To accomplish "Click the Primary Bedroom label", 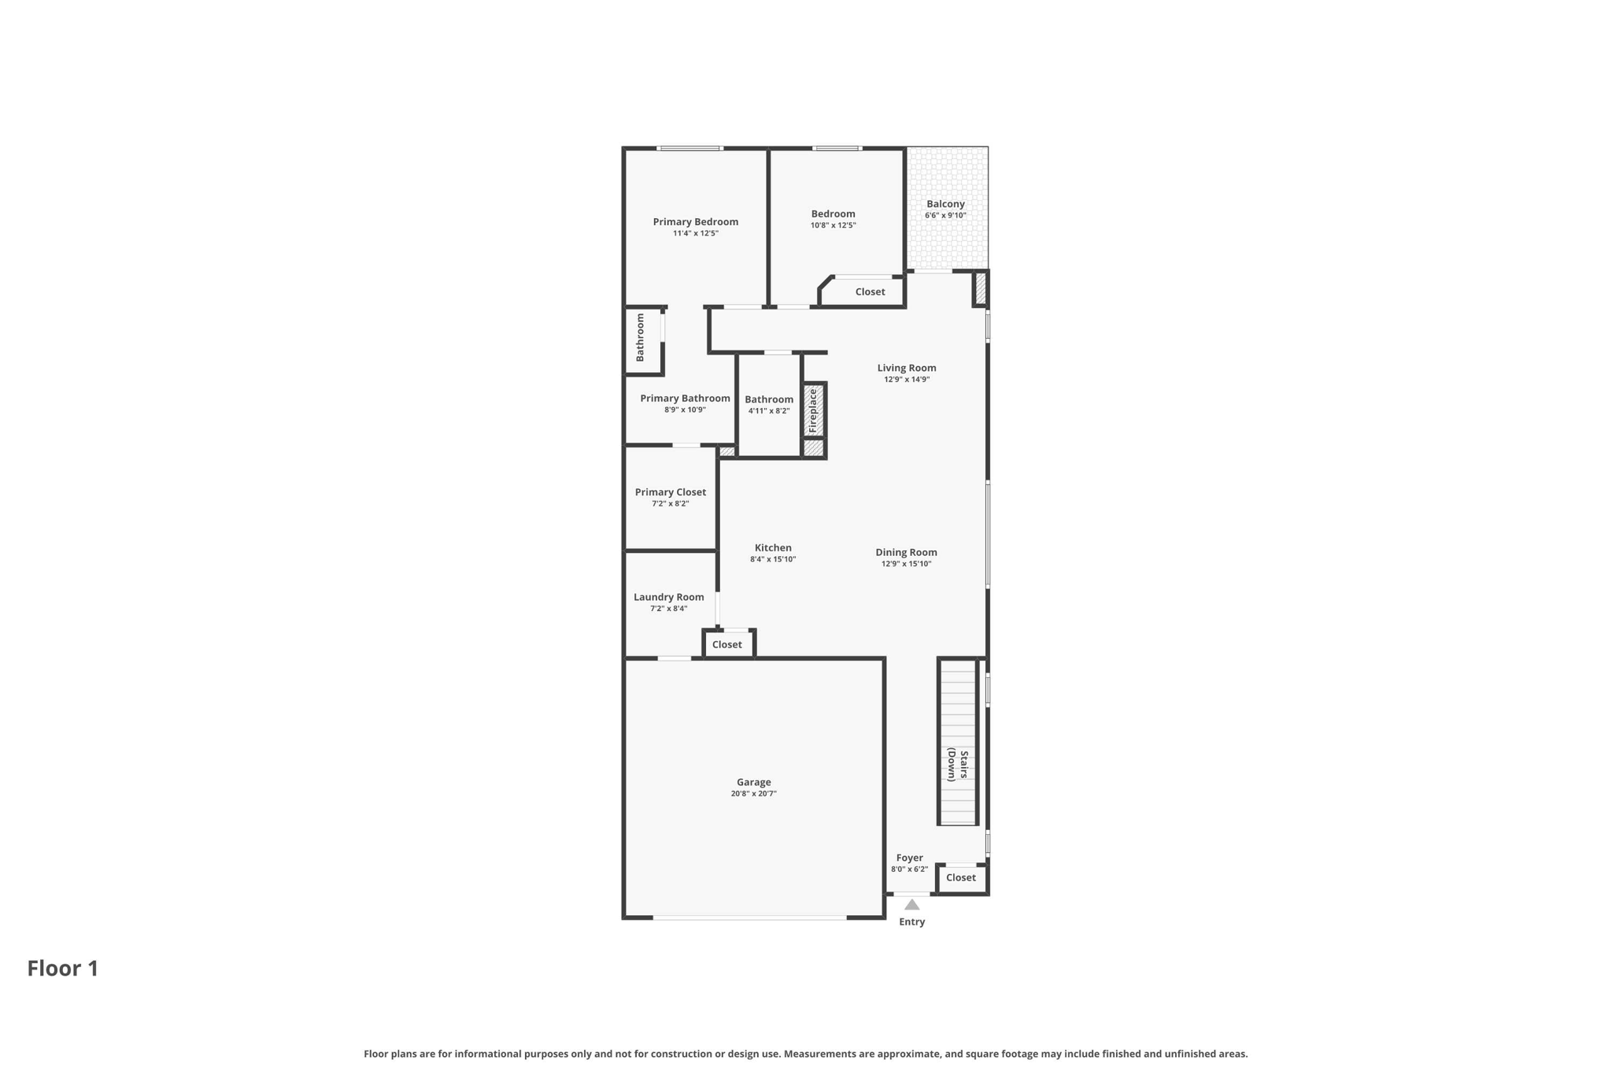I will click(x=695, y=222).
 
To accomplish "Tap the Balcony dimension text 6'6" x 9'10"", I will click(x=945, y=216).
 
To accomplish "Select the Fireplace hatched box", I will click(x=813, y=410).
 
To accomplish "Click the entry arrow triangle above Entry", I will click(x=911, y=905).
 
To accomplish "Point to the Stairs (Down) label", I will click(x=957, y=764).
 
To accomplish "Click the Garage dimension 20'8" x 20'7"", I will click(x=753, y=794).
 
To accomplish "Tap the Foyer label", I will click(x=909, y=858).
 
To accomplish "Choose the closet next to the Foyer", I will click(x=960, y=877).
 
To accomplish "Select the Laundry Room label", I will click(x=668, y=597).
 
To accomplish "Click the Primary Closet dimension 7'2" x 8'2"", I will click(x=670, y=504).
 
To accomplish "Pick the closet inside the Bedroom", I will click(x=870, y=291).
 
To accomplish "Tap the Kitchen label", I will click(x=773, y=548).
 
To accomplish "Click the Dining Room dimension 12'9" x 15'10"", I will click(x=906, y=564).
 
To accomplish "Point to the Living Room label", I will click(x=907, y=368).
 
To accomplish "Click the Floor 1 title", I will click(x=63, y=968).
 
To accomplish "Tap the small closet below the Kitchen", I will click(x=727, y=644).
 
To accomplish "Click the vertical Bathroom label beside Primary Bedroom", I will click(x=640, y=338).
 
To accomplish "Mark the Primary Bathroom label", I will click(x=685, y=398).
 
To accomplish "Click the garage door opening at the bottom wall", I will click(x=749, y=917).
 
